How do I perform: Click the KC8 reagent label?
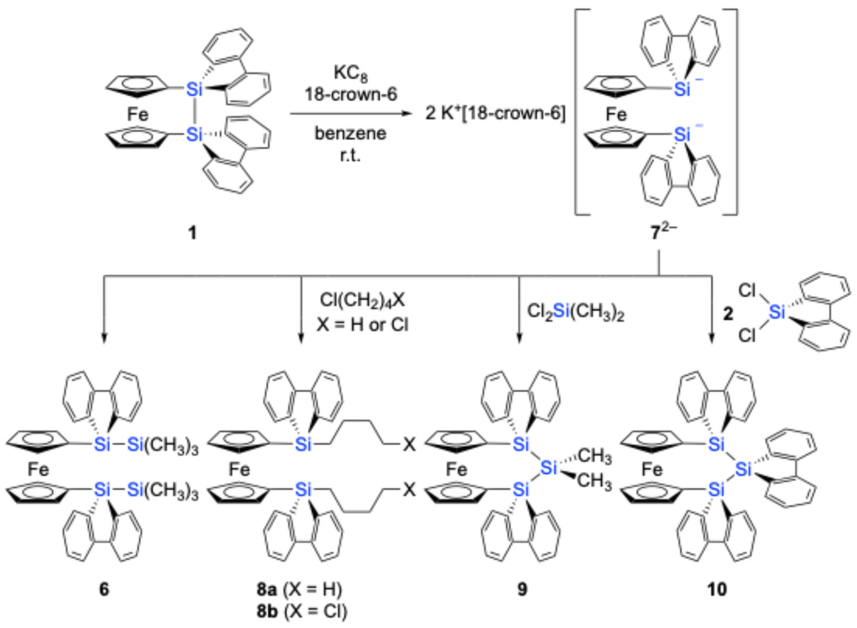350,74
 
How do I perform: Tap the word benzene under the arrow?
350,133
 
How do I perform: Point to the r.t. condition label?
350,156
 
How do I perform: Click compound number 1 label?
193,233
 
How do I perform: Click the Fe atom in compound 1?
138,114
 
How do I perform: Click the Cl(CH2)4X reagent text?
362,300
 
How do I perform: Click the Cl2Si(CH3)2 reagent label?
575,312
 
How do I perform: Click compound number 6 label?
104,589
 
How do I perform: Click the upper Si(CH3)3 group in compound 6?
163,445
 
